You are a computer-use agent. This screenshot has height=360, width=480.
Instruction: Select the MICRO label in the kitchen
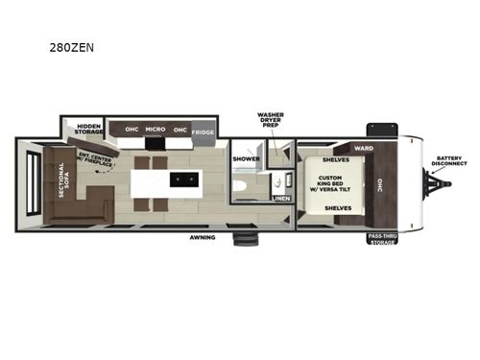tap(156, 129)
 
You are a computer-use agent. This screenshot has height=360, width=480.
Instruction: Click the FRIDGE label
tap(203, 132)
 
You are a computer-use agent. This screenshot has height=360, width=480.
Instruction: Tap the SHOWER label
tap(246, 159)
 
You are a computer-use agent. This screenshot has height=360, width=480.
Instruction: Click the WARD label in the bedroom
tap(363, 148)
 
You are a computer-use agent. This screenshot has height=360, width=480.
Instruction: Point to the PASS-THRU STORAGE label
tap(383, 240)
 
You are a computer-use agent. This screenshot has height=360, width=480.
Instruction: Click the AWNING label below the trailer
tap(202, 236)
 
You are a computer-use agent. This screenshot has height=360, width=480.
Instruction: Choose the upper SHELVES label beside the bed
tap(335, 159)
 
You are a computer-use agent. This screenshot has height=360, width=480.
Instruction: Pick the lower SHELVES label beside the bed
tap(337, 206)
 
